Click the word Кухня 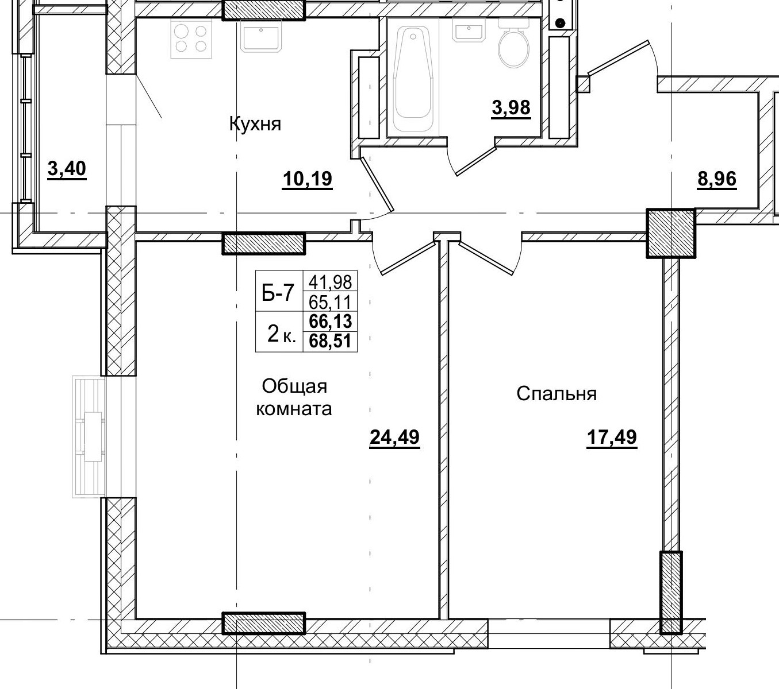(255, 123)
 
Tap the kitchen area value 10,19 (308, 180)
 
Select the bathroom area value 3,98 (511, 107)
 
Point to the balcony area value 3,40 (67, 169)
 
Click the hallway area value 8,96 (716, 179)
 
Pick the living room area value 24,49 (394, 438)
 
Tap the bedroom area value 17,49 (612, 438)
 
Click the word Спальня (557, 394)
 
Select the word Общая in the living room (294, 386)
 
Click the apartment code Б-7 (278, 293)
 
